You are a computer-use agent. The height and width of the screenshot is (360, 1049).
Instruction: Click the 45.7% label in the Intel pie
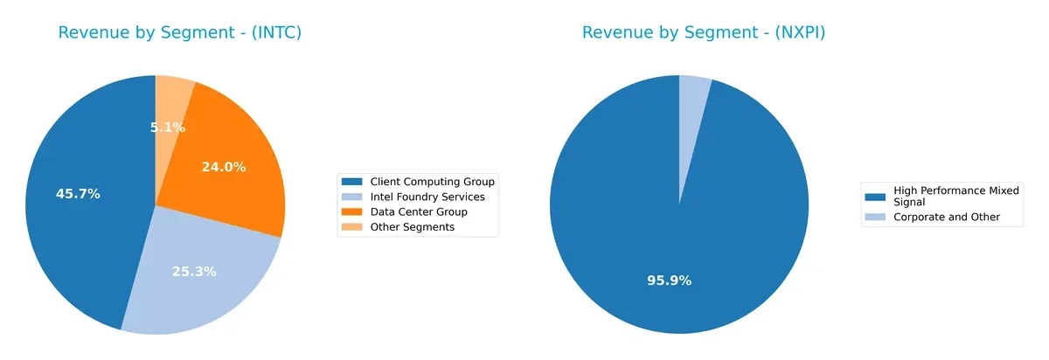coord(78,194)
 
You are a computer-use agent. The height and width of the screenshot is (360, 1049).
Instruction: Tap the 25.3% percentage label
coord(194,272)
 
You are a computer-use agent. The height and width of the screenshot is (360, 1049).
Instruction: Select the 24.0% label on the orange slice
coord(224,167)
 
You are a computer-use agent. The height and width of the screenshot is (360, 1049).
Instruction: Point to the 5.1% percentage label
coord(167,128)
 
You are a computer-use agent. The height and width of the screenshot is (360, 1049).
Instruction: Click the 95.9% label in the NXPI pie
coord(670,280)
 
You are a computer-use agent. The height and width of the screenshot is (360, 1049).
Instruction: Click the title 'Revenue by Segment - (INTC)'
coord(179,33)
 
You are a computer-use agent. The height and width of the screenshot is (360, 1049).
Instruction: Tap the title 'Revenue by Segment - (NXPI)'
coord(704,33)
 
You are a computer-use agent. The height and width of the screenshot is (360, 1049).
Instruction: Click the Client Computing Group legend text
coord(432,182)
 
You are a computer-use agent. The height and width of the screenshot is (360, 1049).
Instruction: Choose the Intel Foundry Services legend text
coord(427,197)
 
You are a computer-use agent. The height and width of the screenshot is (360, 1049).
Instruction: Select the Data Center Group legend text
coord(419,211)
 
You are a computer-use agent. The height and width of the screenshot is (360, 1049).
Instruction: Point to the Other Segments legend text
coord(413,227)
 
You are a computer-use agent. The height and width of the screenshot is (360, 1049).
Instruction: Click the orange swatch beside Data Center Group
coord(353,211)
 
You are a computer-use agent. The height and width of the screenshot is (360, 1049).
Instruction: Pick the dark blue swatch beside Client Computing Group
coord(353,182)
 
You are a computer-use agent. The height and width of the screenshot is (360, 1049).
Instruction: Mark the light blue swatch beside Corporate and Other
coord(874,217)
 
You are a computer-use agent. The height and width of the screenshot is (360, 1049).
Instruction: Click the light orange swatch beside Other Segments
coord(353,227)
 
